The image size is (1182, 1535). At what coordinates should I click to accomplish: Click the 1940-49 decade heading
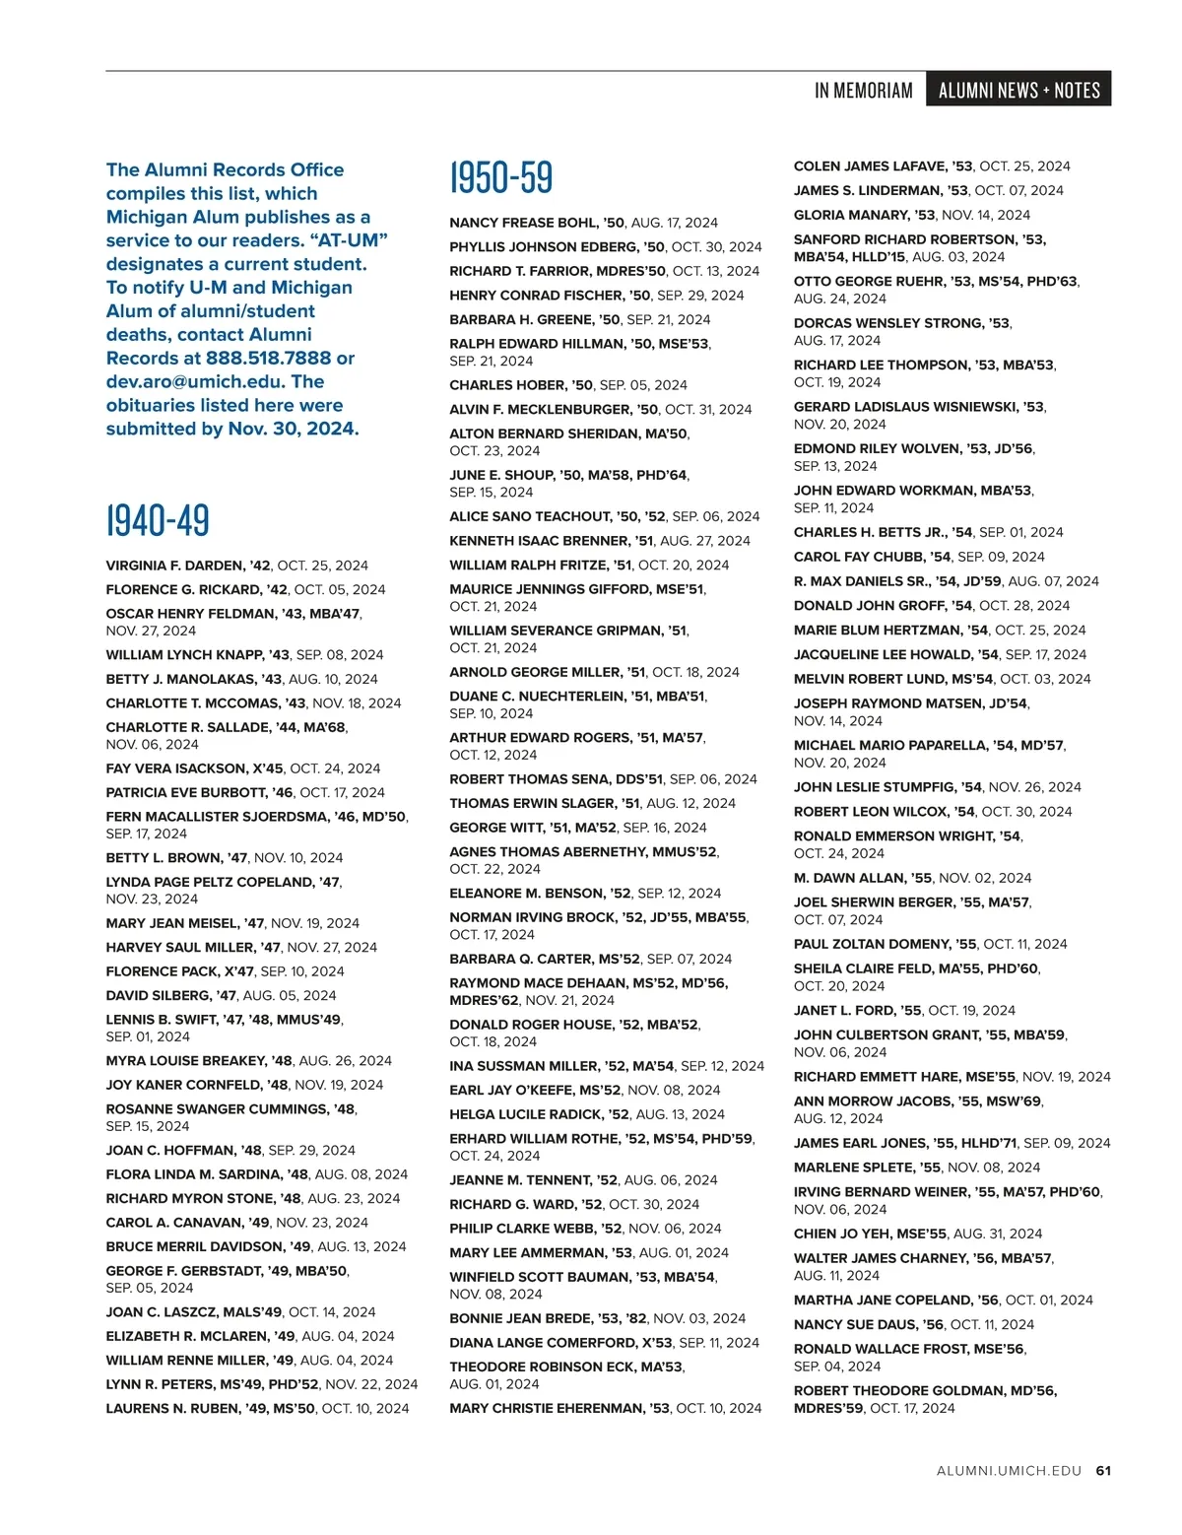[x=158, y=520]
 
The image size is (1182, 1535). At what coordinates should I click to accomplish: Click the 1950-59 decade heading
[x=501, y=177]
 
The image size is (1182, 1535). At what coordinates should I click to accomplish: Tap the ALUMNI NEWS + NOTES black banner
[x=1018, y=90]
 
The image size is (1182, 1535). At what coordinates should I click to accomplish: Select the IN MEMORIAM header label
[x=863, y=91]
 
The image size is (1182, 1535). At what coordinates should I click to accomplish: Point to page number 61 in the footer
[x=1103, y=1471]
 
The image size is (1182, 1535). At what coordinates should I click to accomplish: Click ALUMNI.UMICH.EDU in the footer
[x=1009, y=1471]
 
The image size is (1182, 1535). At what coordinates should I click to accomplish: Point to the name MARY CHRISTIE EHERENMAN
[x=546, y=1409]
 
